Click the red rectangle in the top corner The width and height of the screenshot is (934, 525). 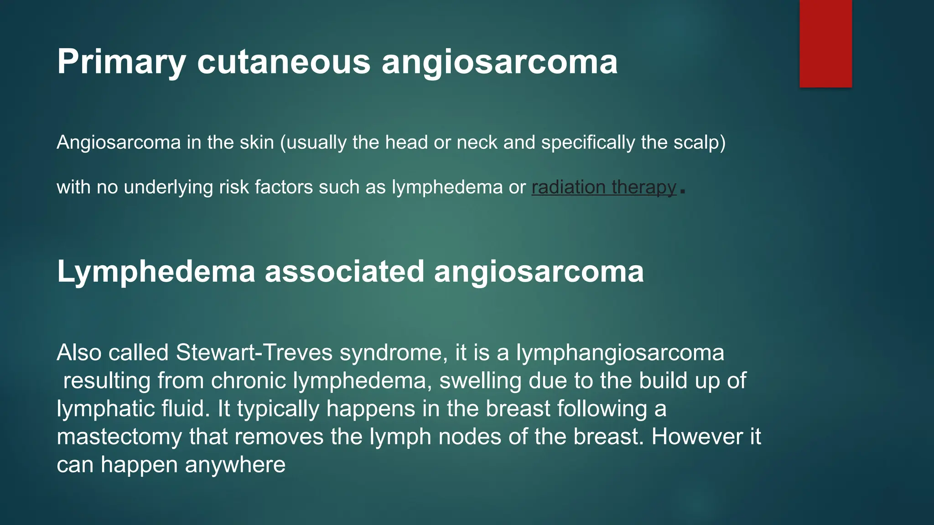(x=825, y=44)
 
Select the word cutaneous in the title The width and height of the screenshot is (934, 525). (x=283, y=62)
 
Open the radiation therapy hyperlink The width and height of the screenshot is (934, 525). (x=604, y=187)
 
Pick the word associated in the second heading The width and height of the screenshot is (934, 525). (x=344, y=272)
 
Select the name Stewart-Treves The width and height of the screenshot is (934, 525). (x=254, y=353)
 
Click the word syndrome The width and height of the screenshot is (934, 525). (x=393, y=353)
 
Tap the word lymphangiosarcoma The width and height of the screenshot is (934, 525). (x=620, y=353)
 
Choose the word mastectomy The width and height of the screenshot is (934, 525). (x=119, y=437)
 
